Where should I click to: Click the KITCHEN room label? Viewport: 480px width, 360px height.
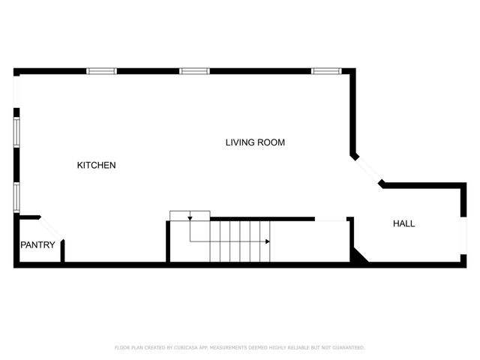pyautogui.click(x=96, y=165)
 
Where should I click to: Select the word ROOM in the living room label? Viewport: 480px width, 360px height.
pyautogui.click(x=272, y=142)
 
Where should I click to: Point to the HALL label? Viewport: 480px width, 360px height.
pyautogui.click(x=403, y=223)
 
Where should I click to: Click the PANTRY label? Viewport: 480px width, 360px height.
pyautogui.click(x=37, y=244)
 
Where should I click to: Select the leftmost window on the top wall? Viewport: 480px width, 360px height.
pyautogui.click(x=102, y=71)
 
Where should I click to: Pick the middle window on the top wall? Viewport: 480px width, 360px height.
pyautogui.click(x=193, y=71)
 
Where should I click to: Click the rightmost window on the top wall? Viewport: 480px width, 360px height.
pyautogui.click(x=326, y=71)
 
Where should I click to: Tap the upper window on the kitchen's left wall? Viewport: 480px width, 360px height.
pyautogui.click(x=16, y=130)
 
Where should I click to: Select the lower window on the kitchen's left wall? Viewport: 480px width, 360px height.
pyautogui.click(x=16, y=197)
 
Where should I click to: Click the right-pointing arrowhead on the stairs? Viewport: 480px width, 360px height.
pyautogui.click(x=268, y=241)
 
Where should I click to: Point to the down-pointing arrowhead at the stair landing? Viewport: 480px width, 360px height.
pyautogui.click(x=190, y=217)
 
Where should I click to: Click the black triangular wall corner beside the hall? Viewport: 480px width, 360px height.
pyautogui.click(x=358, y=256)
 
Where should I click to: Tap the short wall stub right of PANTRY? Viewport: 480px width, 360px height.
pyautogui.click(x=62, y=251)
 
